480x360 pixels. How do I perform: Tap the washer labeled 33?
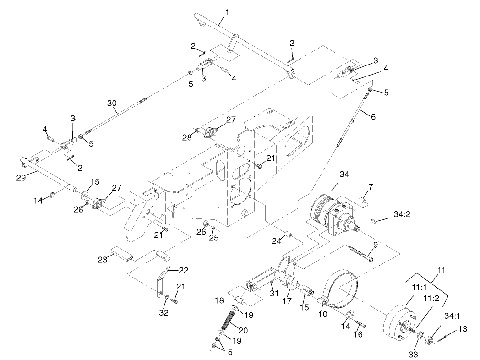point(418,339)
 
